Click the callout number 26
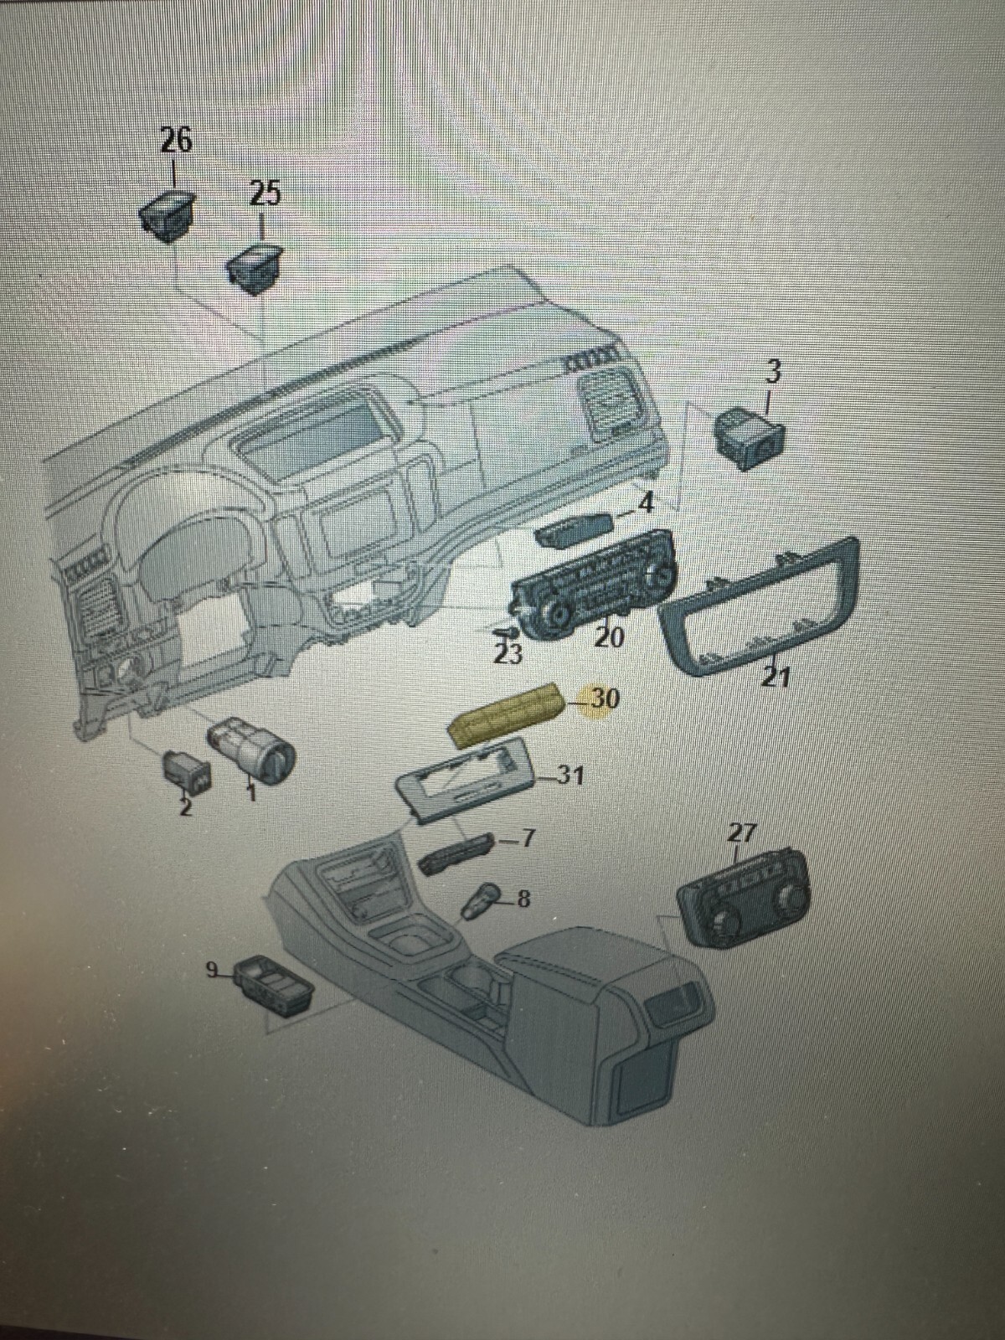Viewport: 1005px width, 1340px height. [176, 140]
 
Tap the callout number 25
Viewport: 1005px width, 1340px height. [265, 193]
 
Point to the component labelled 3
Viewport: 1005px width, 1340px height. [748, 438]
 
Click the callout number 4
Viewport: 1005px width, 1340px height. [645, 503]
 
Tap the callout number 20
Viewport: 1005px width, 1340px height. [609, 637]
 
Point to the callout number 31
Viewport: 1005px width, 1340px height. [570, 776]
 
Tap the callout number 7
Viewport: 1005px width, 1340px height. [527, 837]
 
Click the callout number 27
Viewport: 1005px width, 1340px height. [741, 832]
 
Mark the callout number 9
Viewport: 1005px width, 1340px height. [214, 970]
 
